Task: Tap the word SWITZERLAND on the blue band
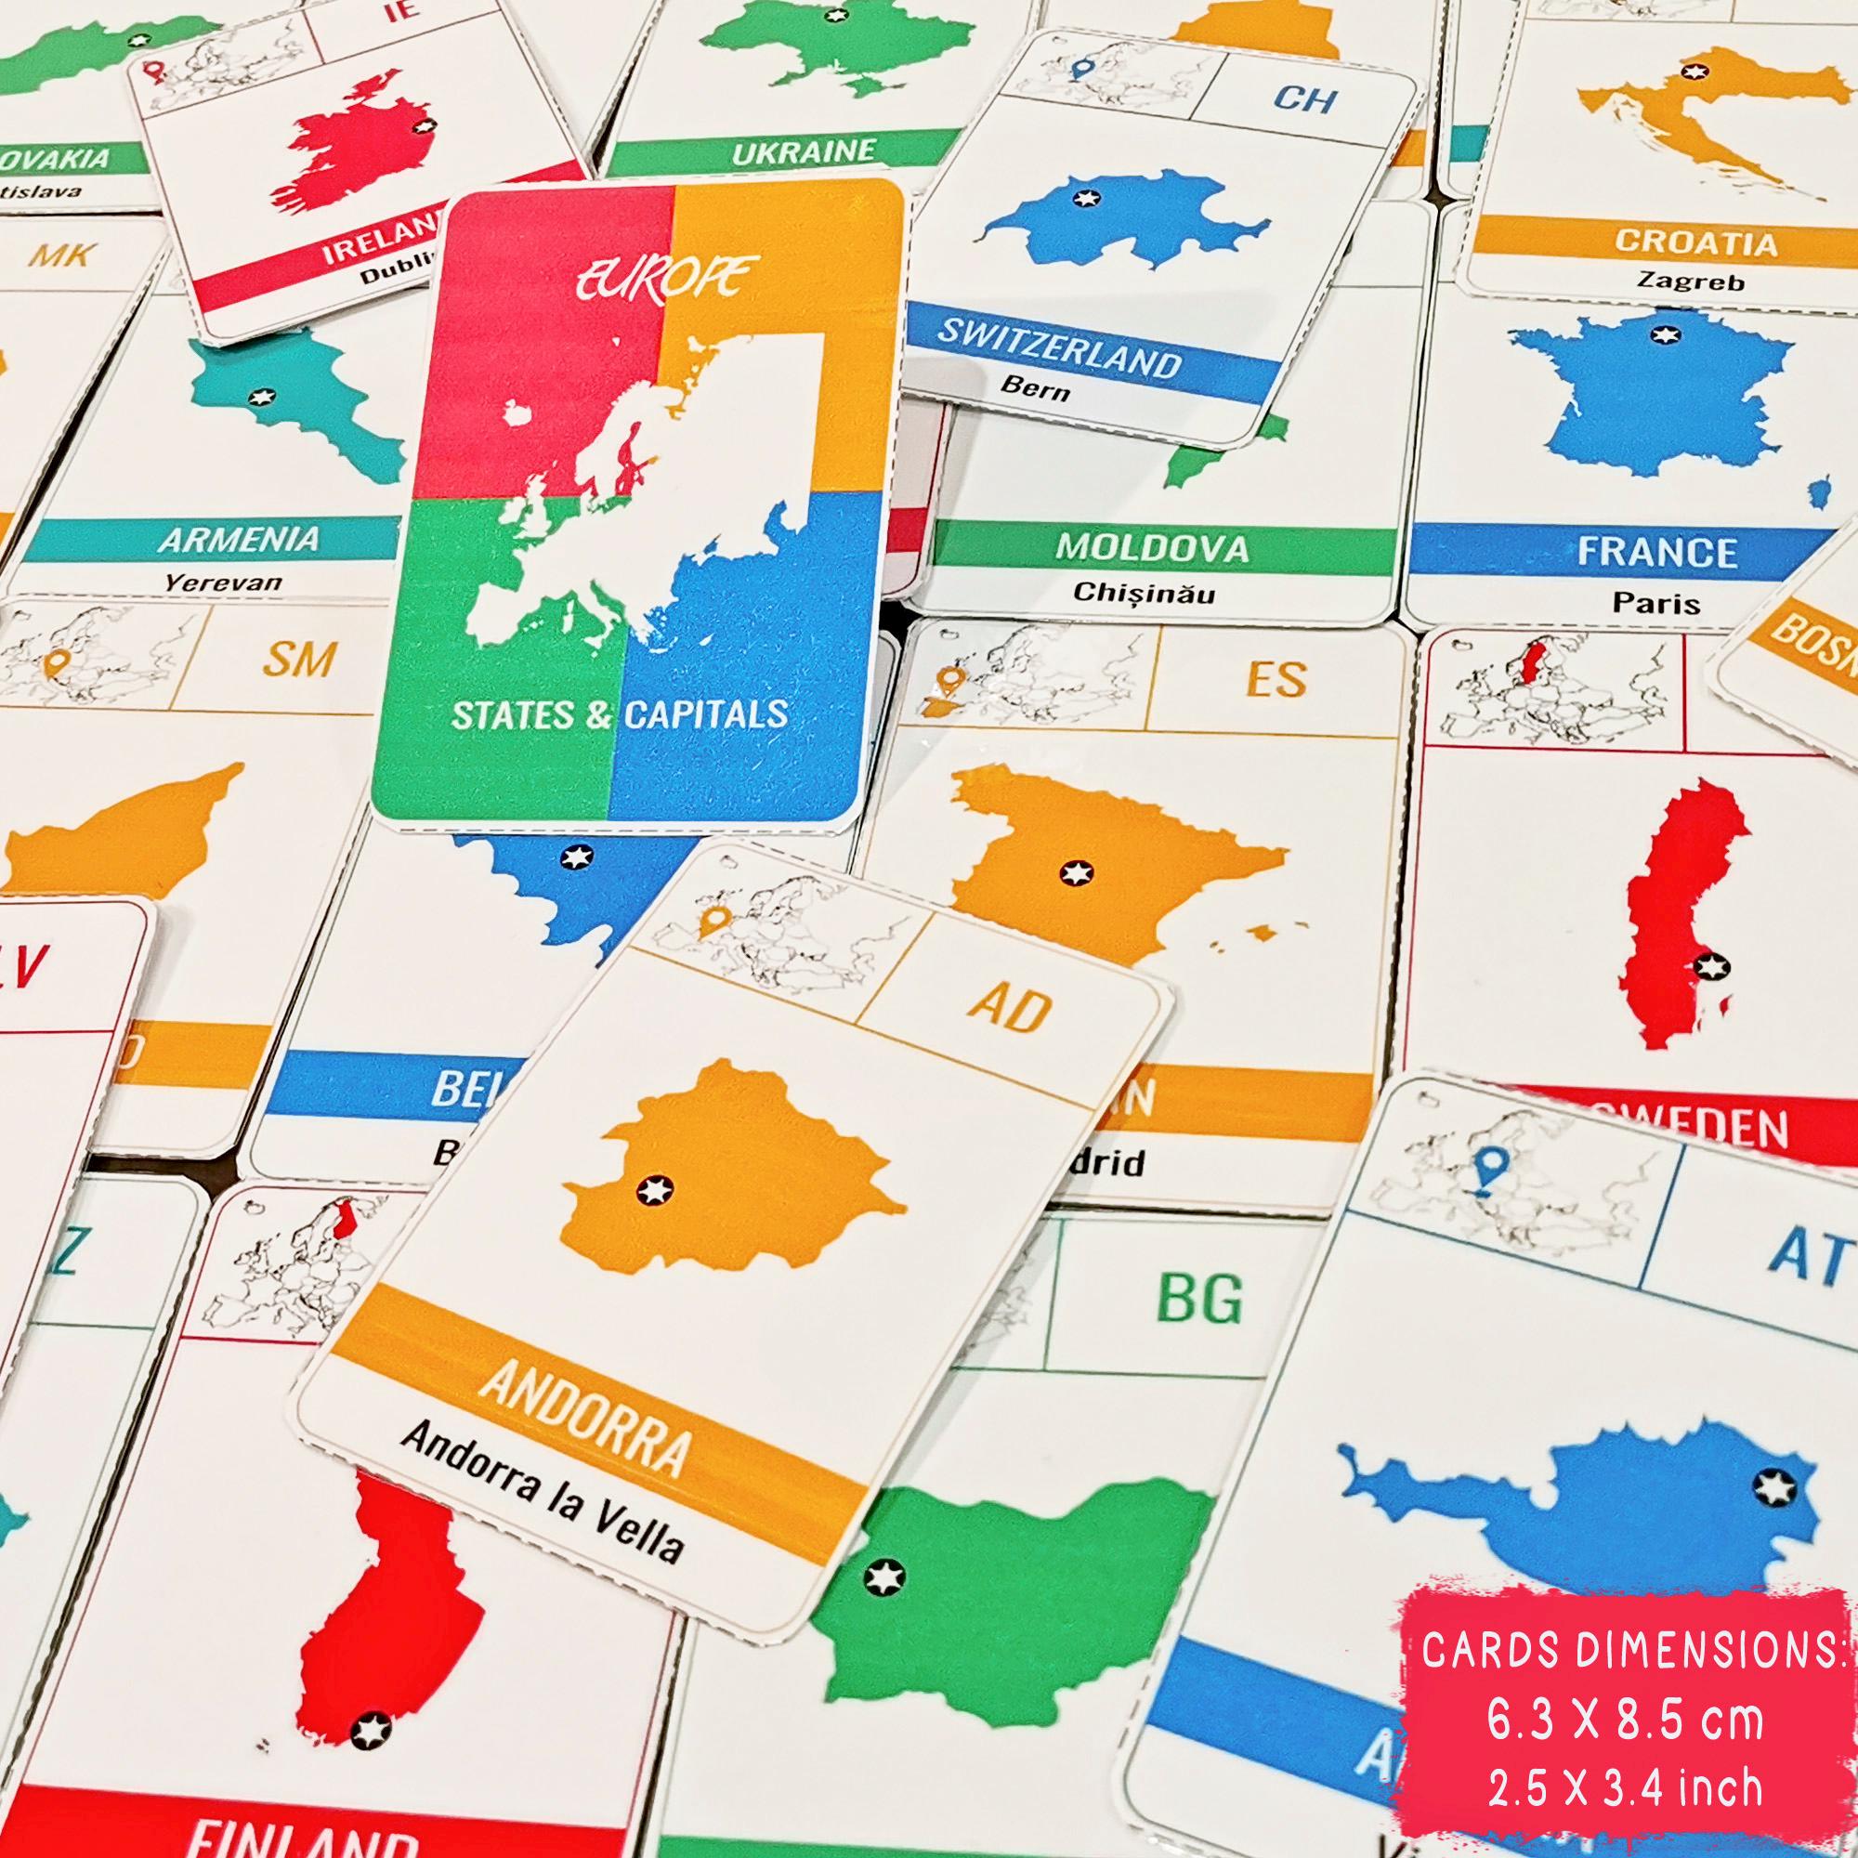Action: [1059, 349]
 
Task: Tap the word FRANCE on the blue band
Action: [1656, 552]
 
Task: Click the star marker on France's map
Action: [1663, 334]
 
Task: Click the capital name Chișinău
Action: [1146, 593]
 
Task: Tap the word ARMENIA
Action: [239, 540]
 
